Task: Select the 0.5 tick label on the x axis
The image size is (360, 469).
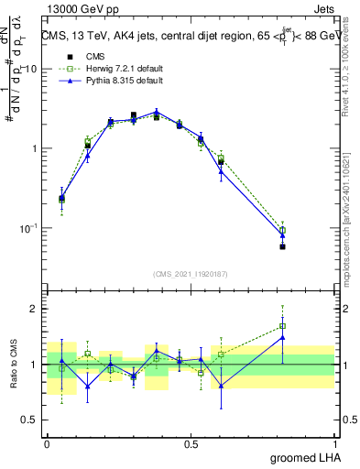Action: click(x=191, y=444)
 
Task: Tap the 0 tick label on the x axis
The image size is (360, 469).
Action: click(x=47, y=444)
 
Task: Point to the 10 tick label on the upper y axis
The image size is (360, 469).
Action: click(x=31, y=70)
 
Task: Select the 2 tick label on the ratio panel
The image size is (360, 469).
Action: click(x=35, y=309)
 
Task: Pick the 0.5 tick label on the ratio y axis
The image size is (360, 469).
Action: click(x=31, y=421)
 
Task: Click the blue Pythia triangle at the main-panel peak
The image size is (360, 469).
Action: click(x=157, y=112)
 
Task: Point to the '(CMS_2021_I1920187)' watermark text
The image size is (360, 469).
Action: click(x=191, y=272)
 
